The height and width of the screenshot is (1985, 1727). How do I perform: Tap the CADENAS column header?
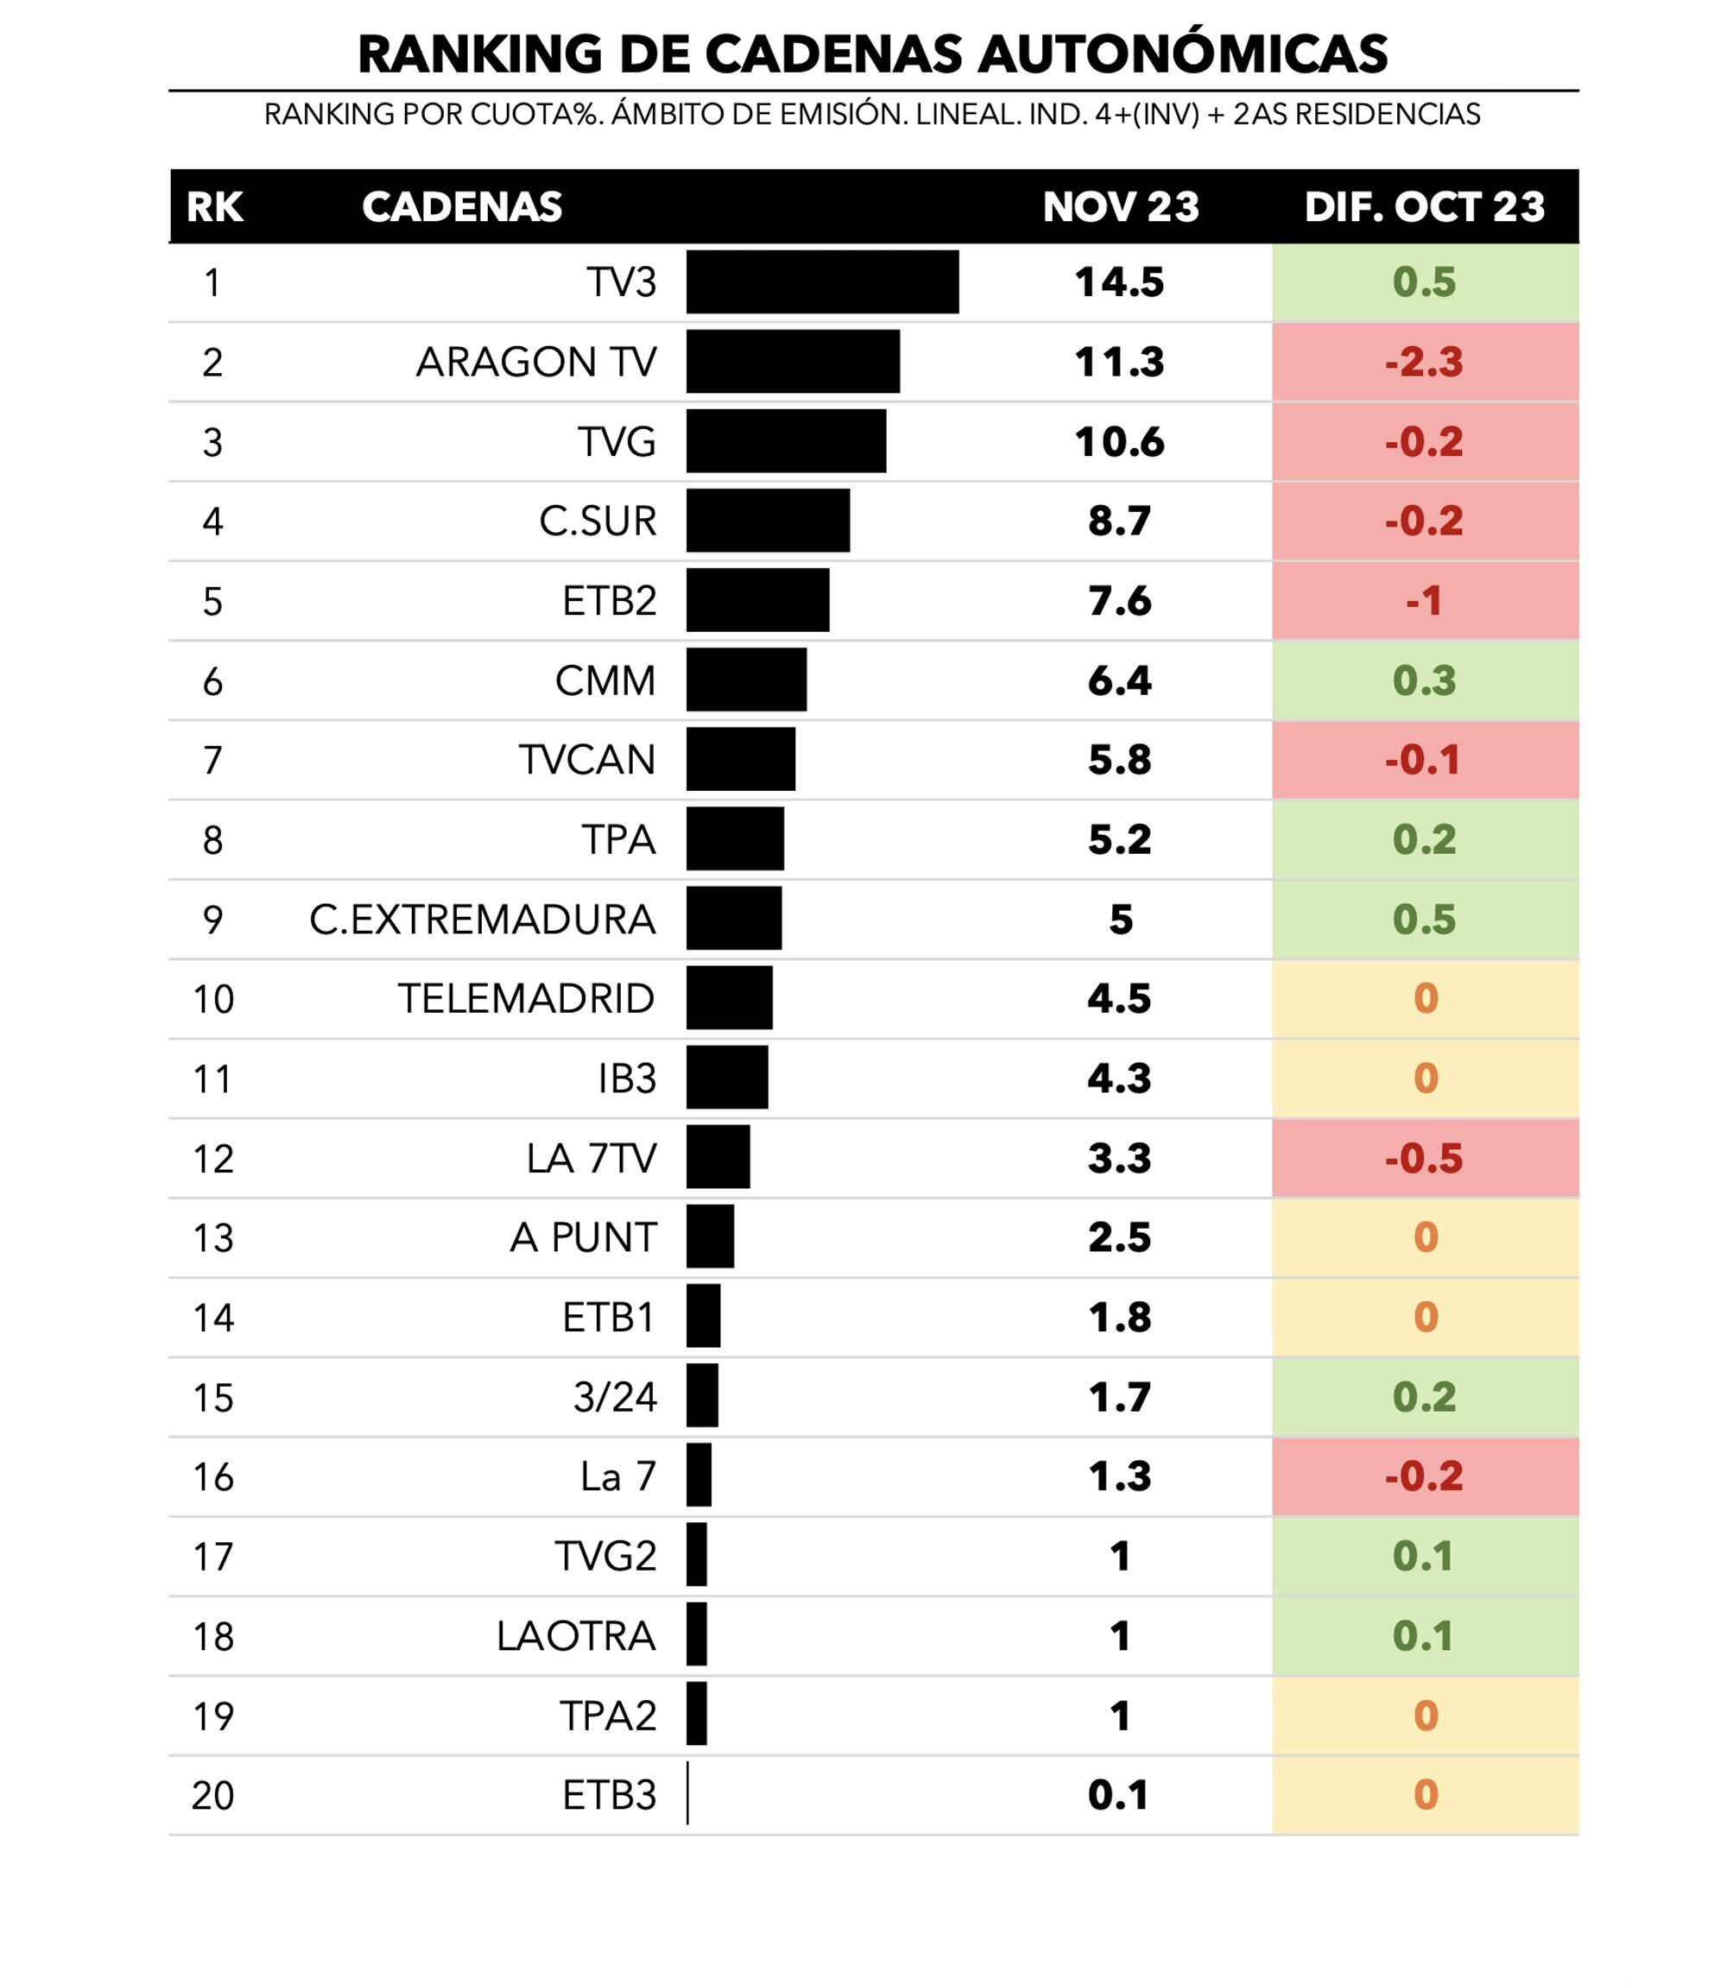click(x=462, y=207)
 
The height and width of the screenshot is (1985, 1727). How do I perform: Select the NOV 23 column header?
click(x=1120, y=207)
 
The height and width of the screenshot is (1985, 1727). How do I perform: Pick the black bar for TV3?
click(x=822, y=282)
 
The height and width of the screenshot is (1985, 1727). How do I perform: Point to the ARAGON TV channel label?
click(x=536, y=363)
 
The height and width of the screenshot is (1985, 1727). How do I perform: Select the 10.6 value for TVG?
click(x=1119, y=442)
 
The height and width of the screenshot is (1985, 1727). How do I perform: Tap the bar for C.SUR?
click(x=769, y=522)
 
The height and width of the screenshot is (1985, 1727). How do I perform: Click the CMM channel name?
click(x=605, y=681)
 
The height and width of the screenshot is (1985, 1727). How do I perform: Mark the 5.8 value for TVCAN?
click(x=1119, y=761)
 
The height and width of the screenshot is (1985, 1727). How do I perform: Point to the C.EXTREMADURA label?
click(x=482, y=920)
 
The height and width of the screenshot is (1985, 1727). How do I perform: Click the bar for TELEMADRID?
click(x=730, y=998)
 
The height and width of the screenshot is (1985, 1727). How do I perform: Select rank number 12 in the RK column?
click(x=213, y=1158)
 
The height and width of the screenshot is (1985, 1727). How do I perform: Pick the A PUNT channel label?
click(x=583, y=1237)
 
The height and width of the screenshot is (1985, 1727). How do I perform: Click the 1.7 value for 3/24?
click(x=1119, y=1397)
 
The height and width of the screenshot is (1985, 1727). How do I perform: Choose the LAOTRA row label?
click(x=576, y=1636)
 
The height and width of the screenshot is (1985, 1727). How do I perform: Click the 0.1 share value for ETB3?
click(x=1118, y=1795)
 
